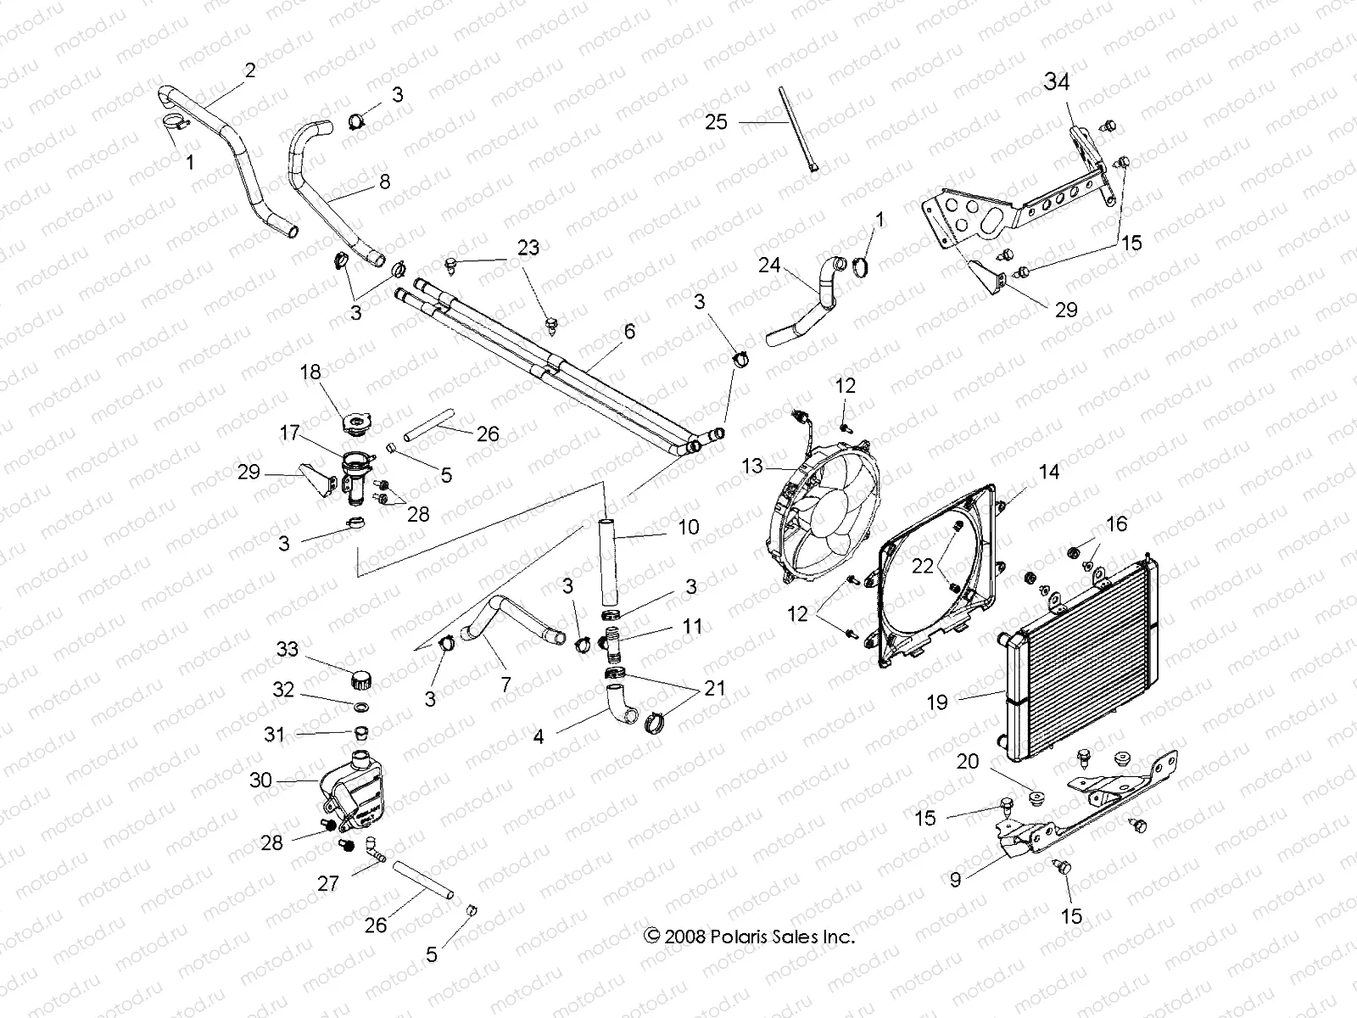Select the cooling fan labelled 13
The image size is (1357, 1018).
click(x=818, y=509)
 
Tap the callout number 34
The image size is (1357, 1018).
click(x=1056, y=82)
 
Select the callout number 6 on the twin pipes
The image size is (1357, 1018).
click(x=628, y=332)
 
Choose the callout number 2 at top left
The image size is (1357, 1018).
click(x=249, y=70)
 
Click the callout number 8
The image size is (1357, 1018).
click(x=384, y=181)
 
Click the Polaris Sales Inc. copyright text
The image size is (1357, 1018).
click(x=749, y=937)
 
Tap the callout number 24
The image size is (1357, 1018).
click(x=768, y=266)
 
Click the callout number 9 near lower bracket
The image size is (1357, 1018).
click(x=956, y=880)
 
